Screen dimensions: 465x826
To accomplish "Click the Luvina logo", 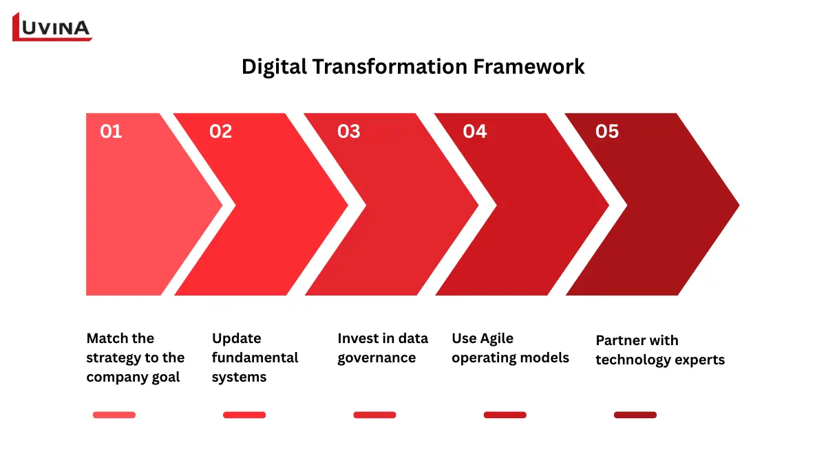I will click(x=52, y=27).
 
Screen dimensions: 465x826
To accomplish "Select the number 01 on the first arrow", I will click(x=111, y=132).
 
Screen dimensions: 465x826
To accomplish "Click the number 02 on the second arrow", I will click(x=220, y=132).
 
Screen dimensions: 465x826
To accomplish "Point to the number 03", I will click(x=348, y=132).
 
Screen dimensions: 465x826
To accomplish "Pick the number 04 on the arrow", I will click(x=475, y=132).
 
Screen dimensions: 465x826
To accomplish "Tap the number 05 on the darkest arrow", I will click(x=607, y=132).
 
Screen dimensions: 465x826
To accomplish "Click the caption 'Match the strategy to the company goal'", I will click(x=136, y=358).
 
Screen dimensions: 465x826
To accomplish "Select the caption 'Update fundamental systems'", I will click(x=255, y=358).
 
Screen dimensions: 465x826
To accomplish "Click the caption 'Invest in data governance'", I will click(x=383, y=348).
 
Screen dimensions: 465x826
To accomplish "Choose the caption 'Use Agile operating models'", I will click(x=510, y=348).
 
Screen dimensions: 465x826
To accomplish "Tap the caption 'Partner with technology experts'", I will click(x=660, y=350).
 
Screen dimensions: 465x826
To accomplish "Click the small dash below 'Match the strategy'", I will click(x=114, y=415).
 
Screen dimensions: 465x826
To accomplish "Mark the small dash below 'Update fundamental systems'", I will click(x=244, y=415).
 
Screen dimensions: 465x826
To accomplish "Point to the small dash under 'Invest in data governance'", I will click(x=374, y=415).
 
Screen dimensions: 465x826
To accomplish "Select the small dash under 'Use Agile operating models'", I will click(x=505, y=415).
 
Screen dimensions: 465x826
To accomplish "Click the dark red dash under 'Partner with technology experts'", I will click(x=635, y=415).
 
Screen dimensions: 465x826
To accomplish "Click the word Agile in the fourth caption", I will click(x=496, y=338).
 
